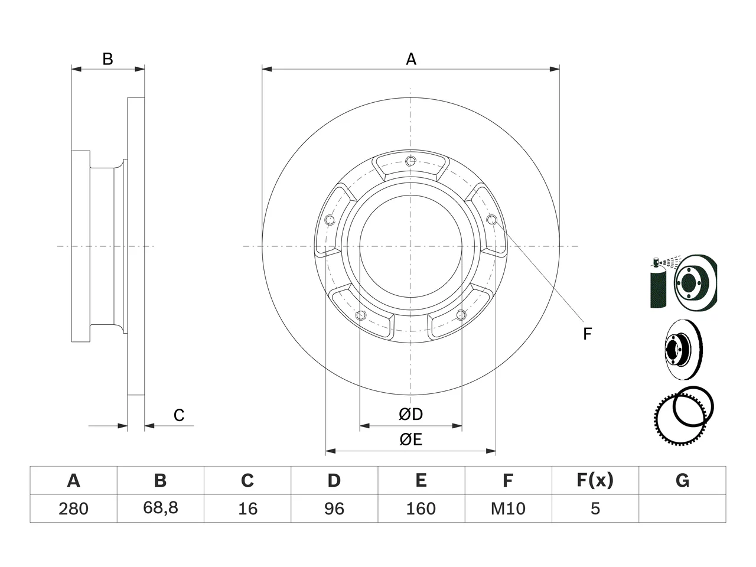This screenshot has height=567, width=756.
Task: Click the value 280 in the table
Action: tap(73, 509)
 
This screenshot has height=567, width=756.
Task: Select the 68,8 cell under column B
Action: tap(161, 508)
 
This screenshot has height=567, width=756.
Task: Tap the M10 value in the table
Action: tap(508, 509)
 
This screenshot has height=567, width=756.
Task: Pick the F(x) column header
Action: tap(595, 480)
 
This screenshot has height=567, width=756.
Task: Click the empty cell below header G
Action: tap(682, 509)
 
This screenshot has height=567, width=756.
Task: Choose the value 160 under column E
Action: tap(421, 509)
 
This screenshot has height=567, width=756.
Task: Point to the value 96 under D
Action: tap(334, 509)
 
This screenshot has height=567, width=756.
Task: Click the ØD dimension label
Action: tap(410, 414)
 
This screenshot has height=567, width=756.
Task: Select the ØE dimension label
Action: tap(410, 439)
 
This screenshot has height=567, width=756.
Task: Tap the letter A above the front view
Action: tap(411, 59)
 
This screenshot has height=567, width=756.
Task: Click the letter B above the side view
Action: tap(107, 59)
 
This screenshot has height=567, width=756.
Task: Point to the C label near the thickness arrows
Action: tap(179, 415)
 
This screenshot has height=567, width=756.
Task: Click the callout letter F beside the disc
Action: tap(587, 334)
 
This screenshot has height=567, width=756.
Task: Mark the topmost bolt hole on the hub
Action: tap(410, 161)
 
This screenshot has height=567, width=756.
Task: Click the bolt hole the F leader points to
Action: tap(492, 219)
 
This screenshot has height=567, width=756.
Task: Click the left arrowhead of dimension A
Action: tap(266, 69)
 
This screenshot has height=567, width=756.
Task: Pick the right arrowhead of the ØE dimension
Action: tap(491, 451)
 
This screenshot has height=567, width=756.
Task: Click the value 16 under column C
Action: tap(247, 509)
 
